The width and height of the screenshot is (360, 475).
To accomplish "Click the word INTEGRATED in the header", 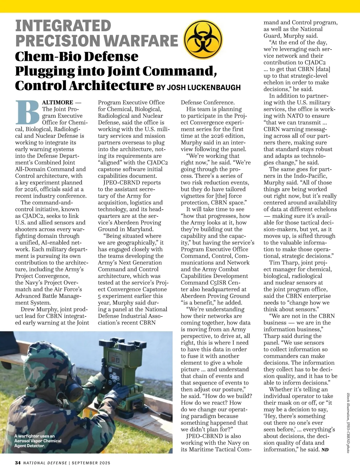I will [63, 26].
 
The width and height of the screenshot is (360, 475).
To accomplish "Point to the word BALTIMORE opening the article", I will [58, 102].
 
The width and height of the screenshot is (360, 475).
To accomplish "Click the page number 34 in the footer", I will [18, 463].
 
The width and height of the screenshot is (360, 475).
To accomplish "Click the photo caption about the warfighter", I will [38, 441].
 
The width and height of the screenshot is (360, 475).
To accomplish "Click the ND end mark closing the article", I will [325, 450].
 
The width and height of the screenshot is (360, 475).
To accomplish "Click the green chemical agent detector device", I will [120, 369].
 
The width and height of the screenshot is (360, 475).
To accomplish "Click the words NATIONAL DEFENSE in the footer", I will [45, 463].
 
